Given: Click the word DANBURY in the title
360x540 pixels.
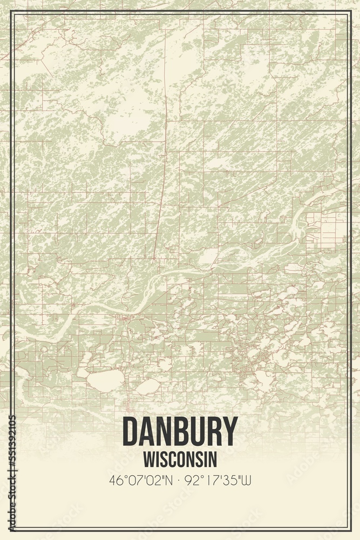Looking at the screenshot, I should click(180, 431).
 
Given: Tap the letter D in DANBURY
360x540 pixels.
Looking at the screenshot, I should click(130, 431).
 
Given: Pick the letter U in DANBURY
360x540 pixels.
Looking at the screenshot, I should click(195, 431).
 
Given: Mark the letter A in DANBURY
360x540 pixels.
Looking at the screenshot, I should click(146, 431).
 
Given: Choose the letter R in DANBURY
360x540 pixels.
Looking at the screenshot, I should click(213, 431).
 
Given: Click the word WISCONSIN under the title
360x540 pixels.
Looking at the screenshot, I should click(180, 459).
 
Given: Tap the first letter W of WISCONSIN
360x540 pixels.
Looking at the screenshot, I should click(148, 459).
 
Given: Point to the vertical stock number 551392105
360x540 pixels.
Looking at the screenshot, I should click(12, 472).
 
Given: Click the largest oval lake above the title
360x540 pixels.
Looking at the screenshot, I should click(106, 381).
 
